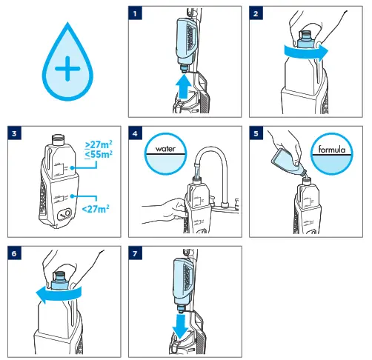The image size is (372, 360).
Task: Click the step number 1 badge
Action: (133, 13)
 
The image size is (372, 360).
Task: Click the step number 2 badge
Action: (256, 13)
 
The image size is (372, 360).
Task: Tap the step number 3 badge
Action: (13, 134)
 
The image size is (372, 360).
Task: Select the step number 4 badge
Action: (133, 134)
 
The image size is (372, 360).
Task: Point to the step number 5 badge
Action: (256, 134)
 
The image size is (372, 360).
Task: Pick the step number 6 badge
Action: (13, 253)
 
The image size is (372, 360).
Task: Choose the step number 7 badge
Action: (133, 253)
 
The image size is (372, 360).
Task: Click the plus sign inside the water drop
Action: (67, 70)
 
